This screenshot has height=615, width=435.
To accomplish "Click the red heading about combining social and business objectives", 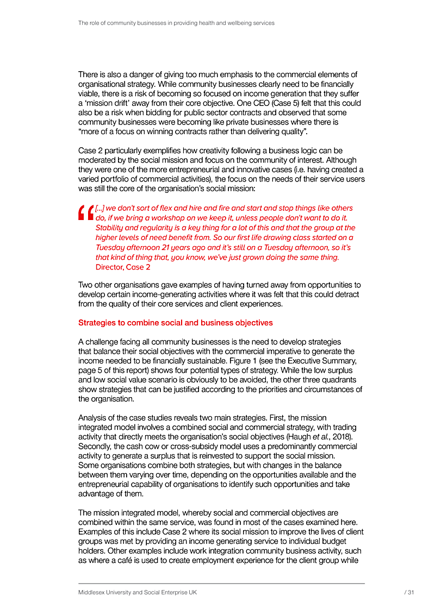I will tap(175, 323).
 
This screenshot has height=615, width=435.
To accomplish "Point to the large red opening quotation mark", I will tap(85, 213).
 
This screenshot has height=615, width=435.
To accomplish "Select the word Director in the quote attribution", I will tap(109, 267).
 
